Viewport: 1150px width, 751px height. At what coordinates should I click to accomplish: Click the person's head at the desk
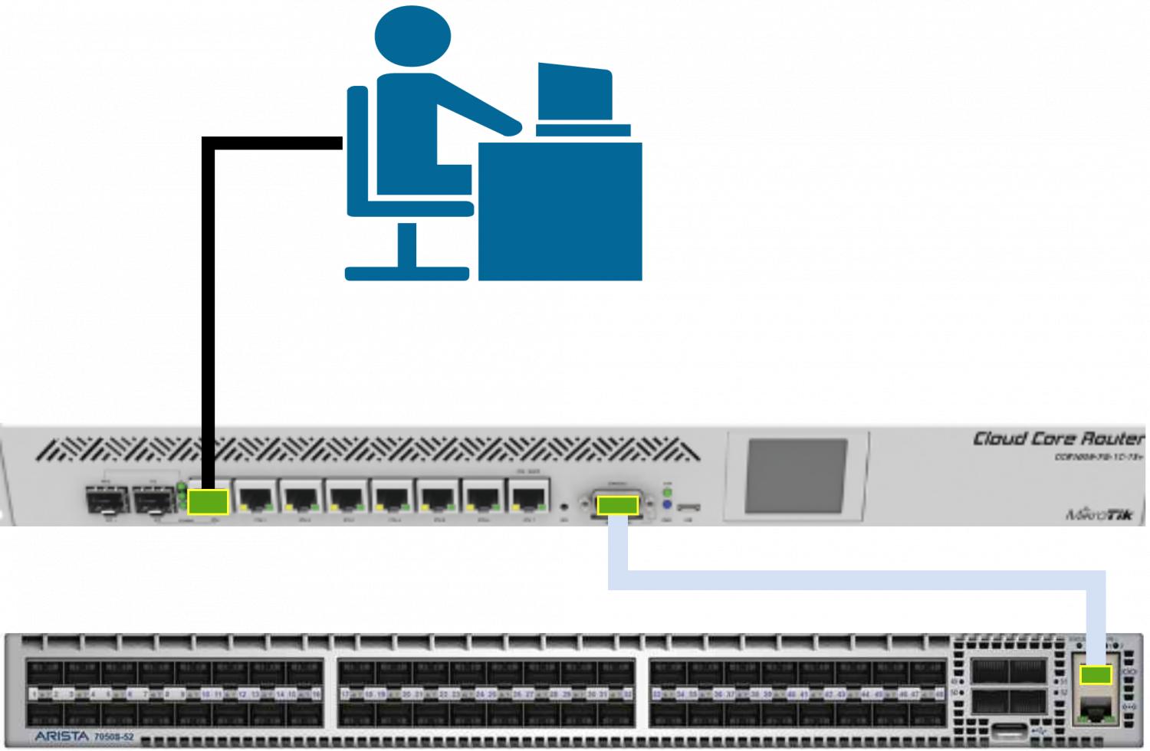pos(412,36)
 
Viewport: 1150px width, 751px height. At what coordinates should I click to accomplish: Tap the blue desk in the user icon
pos(560,211)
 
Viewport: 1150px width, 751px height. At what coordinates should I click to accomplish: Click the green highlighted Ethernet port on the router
pos(208,501)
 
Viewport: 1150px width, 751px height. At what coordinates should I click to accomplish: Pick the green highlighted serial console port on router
pos(617,505)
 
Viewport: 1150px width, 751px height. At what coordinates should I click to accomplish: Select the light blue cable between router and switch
pos(843,580)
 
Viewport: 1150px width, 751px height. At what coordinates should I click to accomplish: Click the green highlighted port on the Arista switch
pos(1096,675)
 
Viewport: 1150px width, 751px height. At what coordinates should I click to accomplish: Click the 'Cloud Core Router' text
pos(1059,438)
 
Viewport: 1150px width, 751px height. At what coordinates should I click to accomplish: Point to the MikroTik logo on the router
pos(1099,514)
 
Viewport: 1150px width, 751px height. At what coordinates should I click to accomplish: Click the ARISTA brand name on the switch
pos(61,736)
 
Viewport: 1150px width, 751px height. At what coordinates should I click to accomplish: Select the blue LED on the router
pos(667,506)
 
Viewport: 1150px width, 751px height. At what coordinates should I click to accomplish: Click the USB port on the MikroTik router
pos(688,507)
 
